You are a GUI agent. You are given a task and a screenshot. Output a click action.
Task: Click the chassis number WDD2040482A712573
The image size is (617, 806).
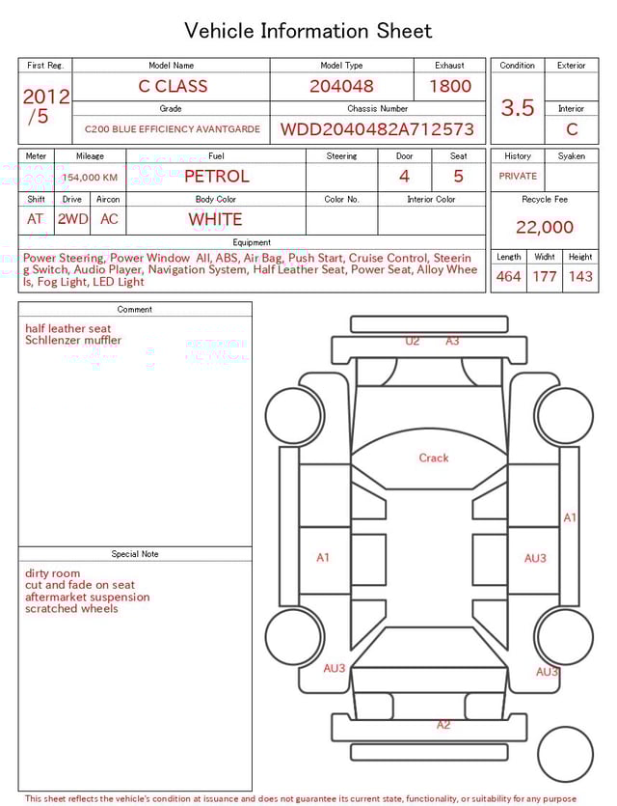[x=377, y=129]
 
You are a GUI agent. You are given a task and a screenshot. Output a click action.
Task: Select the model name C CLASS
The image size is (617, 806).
[x=173, y=86]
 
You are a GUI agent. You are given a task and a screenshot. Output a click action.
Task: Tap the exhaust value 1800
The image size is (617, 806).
[x=450, y=86]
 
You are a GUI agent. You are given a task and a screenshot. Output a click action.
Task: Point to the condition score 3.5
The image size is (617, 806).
[x=518, y=108]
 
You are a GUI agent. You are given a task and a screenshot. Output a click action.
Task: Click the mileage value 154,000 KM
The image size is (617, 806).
[x=90, y=178]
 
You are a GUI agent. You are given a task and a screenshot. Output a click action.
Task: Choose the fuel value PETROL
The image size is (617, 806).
[x=216, y=176]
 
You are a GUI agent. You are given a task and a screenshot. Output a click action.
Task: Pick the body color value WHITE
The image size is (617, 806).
[x=215, y=219]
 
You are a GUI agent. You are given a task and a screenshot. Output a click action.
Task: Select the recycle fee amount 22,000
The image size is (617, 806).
[x=545, y=228]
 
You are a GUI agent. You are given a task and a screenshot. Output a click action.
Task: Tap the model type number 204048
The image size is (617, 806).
[x=341, y=86]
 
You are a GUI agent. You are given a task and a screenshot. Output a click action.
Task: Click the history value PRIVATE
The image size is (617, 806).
[x=518, y=177]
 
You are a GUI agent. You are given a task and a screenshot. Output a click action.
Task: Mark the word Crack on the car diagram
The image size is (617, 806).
[x=434, y=458]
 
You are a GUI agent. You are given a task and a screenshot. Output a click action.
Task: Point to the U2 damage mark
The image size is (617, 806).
[x=413, y=341]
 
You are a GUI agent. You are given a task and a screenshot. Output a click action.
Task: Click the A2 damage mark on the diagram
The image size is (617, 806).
[x=443, y=724]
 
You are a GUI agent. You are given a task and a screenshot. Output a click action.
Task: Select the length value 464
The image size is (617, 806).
[x=508, y=277]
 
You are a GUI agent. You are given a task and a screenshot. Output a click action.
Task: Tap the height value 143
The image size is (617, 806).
[x=580, y=277]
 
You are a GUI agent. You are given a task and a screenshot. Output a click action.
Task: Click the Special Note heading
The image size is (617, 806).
[x=135, y=554]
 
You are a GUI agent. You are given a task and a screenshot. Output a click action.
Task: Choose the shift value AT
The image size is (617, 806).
[x=36, y=219]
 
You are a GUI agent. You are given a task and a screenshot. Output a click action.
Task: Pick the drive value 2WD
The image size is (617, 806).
[x=72, y=219]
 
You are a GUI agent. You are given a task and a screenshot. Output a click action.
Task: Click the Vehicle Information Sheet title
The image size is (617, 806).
[x=308, y=31]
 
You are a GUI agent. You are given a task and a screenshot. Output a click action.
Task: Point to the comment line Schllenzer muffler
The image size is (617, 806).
[x=73, y=341]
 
